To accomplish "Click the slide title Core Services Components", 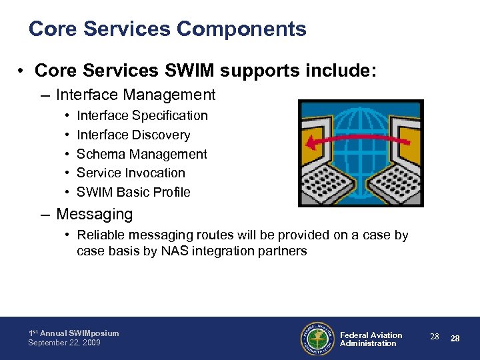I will (167, 29).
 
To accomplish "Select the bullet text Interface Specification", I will (142, 116).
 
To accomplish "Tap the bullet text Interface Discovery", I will (133, 135).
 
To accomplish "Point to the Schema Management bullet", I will (141, 154).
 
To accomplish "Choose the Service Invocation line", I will (131, 173).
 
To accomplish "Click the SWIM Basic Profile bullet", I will (133, 193).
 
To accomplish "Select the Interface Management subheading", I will (135, 95).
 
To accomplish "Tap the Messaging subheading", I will (94, 215).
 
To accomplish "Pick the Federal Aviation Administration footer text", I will (371, 339).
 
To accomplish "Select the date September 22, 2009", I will (64, 343).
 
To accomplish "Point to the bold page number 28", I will (455, 339).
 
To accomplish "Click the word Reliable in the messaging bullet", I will (100, 235).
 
